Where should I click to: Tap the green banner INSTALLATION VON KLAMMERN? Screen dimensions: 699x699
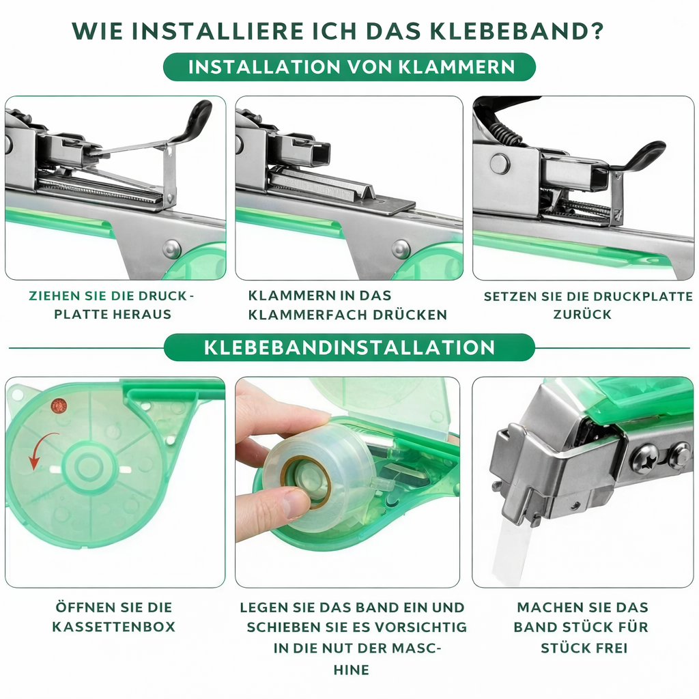pyautogui.click(x=349, y=67)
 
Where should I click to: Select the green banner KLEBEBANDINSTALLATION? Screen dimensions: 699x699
pyautogui.click(x=349, y=347)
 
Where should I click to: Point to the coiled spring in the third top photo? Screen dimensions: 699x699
pyautogui.click(x=504, y=132)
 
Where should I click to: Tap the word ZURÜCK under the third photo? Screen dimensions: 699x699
pyautogui.click(x=582, y=314)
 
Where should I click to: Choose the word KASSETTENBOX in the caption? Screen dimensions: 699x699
pyautogui.click(x=114, y=627)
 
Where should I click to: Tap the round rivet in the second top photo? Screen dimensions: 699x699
pyautogui.click(x=400, y=248)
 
